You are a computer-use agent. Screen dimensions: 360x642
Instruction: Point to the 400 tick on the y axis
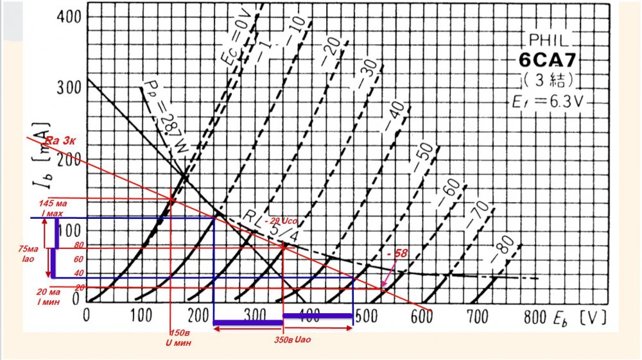point(67,15)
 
